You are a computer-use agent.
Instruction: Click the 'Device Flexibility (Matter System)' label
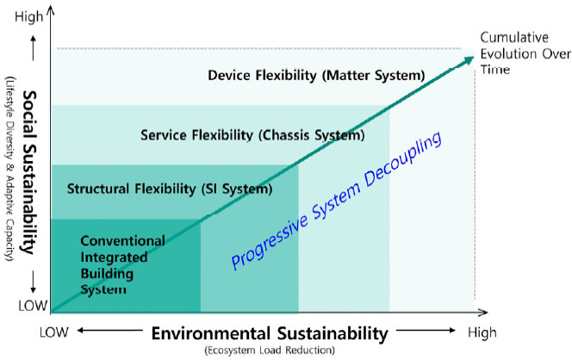click(x=316, y=76)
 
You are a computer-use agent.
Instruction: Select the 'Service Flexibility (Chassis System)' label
click(x=252, y=135)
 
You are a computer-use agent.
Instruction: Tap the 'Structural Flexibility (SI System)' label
click(x=170, y=189)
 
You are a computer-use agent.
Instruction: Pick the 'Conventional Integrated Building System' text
click(x=122, y=264)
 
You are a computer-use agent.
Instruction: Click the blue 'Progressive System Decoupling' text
click(x=336, y=201)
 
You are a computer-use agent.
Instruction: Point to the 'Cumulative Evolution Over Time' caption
click(x=525, y=53)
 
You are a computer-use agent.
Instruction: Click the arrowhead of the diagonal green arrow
click(x=469, y=59)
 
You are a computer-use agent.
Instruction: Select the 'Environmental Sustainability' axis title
click(x=270, y=333)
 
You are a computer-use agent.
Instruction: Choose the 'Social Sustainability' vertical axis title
click(x=29, y=172)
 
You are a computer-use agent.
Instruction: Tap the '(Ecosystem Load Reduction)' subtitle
click(x=270, y=351)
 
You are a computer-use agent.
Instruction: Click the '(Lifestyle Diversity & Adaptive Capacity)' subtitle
click(x=9, y=169)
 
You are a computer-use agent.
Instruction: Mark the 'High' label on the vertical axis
click(x=28, y=16)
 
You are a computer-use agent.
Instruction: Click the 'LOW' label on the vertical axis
click(x=33, y=306)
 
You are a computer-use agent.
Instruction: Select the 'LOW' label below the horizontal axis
click(x=54, y=332)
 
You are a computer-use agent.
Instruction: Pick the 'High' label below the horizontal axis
click(x=482, y=332)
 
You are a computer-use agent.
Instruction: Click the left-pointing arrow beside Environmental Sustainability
click(x=109, y=331)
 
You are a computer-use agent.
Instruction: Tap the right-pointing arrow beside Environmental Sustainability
click(x=426, y=331)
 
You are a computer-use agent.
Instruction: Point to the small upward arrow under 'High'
click(x=34, y=47)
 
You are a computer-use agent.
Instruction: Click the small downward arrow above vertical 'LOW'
click(x=34, y=282)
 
